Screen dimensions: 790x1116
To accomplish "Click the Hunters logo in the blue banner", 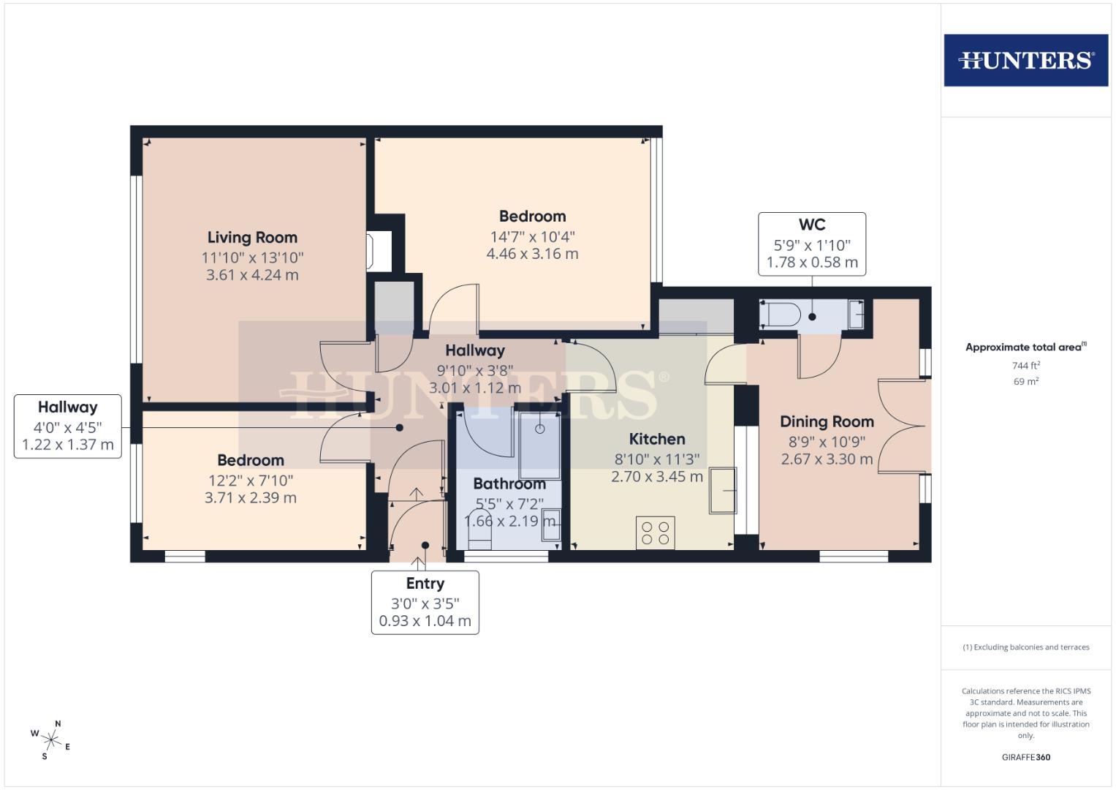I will click(x=1025, y=60).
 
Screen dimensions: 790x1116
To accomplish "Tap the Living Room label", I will click(x=252, y=238).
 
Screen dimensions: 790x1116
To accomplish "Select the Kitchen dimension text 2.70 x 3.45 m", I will click(x=657, y=477).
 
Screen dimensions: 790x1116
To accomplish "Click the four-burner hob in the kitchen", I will click(x=656, y=533).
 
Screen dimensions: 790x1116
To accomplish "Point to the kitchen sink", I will click(x=722, y=490).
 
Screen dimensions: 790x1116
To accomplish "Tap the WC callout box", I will click(x=811, y=244).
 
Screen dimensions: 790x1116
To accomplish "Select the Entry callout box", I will click(x=425, y=602).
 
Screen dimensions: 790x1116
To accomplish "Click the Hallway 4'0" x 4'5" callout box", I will click(x=68, y=426).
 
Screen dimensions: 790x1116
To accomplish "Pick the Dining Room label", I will click(x=827, y=422).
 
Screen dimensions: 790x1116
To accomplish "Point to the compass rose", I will click(x=51, y=740).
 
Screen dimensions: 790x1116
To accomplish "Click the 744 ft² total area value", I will click(x=1025, y=366).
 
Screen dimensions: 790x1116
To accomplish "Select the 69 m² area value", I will click(x=1025, y=382).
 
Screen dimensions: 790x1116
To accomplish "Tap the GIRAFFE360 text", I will click(x=1025, y=757).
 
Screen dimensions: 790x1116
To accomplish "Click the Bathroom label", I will click(x=509, y=484).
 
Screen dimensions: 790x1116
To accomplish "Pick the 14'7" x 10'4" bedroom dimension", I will click(x=532, y=237).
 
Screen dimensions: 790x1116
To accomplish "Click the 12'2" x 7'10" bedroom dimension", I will click(x=251, y=481).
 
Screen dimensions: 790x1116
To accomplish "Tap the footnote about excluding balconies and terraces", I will click(x=1025, y=647).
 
